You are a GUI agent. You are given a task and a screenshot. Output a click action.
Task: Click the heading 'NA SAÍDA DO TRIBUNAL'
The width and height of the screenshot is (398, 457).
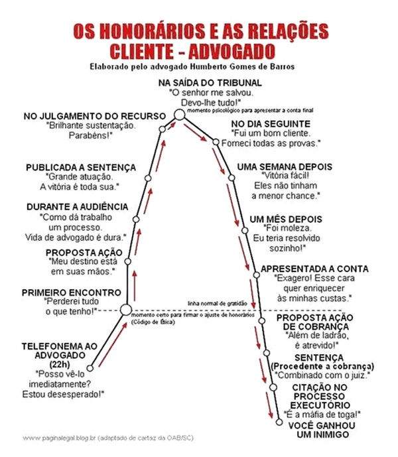[x=210, y=82]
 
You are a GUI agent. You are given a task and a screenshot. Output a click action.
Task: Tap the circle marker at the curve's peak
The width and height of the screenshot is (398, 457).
[x=179, y=115]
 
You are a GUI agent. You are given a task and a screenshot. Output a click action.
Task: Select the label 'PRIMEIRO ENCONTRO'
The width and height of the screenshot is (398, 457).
[x=72, y=293]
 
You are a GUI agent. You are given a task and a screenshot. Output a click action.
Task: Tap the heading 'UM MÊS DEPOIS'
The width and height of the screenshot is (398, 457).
[x=286, y=220]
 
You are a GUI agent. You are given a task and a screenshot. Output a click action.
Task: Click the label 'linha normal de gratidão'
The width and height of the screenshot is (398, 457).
[x=217, y=303]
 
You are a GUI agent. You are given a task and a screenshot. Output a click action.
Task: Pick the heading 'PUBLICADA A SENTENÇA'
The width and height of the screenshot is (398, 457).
[x=81, y=167]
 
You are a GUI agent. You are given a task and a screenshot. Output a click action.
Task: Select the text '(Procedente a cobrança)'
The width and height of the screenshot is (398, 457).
[x=322, y=366]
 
